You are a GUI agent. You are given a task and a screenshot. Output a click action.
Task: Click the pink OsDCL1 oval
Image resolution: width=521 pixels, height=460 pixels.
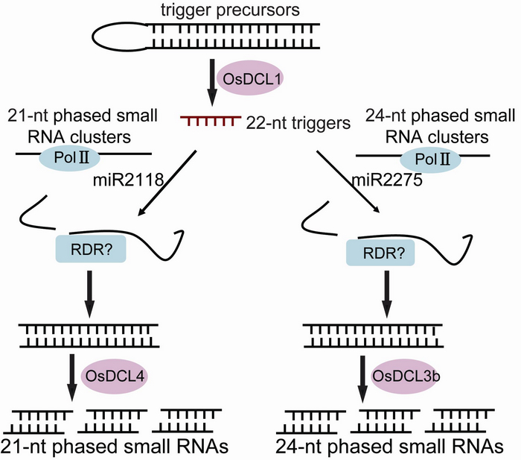pyautogui.click(x=243, y=78)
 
